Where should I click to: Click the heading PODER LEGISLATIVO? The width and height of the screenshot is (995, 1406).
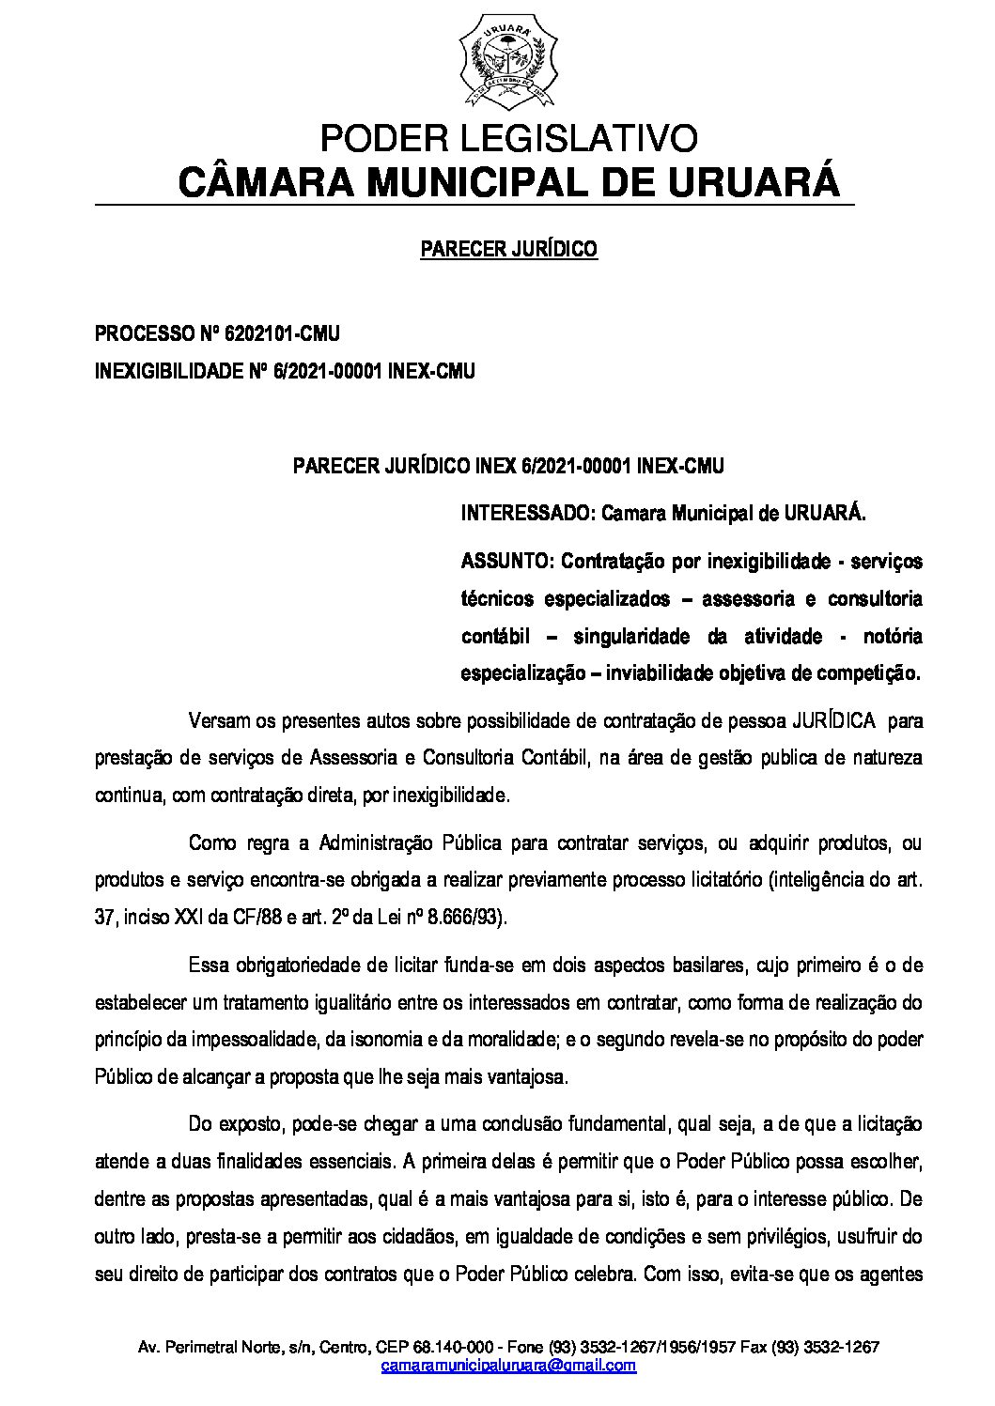tap(508, 139)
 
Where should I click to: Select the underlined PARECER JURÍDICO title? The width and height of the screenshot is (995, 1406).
tap(508, 249)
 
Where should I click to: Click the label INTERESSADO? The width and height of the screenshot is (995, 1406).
tap(528, 514)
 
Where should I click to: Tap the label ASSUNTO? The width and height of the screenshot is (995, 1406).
tap(507, 562)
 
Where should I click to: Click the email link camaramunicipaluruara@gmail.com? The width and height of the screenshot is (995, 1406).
tap(508, 1365)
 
